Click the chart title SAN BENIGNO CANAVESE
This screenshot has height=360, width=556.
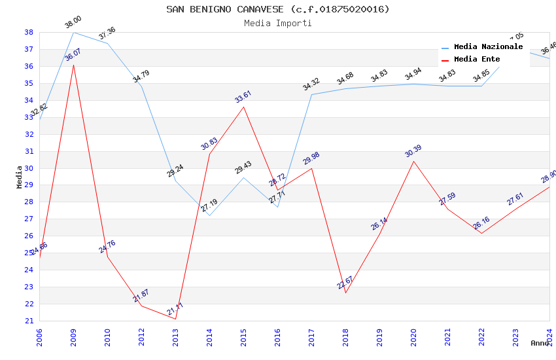pos(277,9)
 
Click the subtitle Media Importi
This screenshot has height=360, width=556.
pos(277,23)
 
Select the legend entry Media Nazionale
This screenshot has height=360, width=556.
pos(488,47)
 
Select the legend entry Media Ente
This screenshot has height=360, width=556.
pos(476,60)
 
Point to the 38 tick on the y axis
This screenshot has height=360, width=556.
pos(29,32)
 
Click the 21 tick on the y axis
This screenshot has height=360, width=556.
pos(29,321)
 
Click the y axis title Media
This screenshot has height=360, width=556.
pos(20,177)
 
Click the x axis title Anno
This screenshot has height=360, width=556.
pos(540,343)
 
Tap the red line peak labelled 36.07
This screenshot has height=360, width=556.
pos(73,65)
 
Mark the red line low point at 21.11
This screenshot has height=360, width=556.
pos(175,319)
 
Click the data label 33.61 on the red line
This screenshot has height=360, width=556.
pos(243,97)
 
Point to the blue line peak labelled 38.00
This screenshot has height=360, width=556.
pos(73,32)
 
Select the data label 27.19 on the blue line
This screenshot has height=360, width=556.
pos(209,207)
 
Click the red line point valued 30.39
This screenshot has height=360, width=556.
pos(413,161)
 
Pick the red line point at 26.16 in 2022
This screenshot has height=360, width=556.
pos(481,233)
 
